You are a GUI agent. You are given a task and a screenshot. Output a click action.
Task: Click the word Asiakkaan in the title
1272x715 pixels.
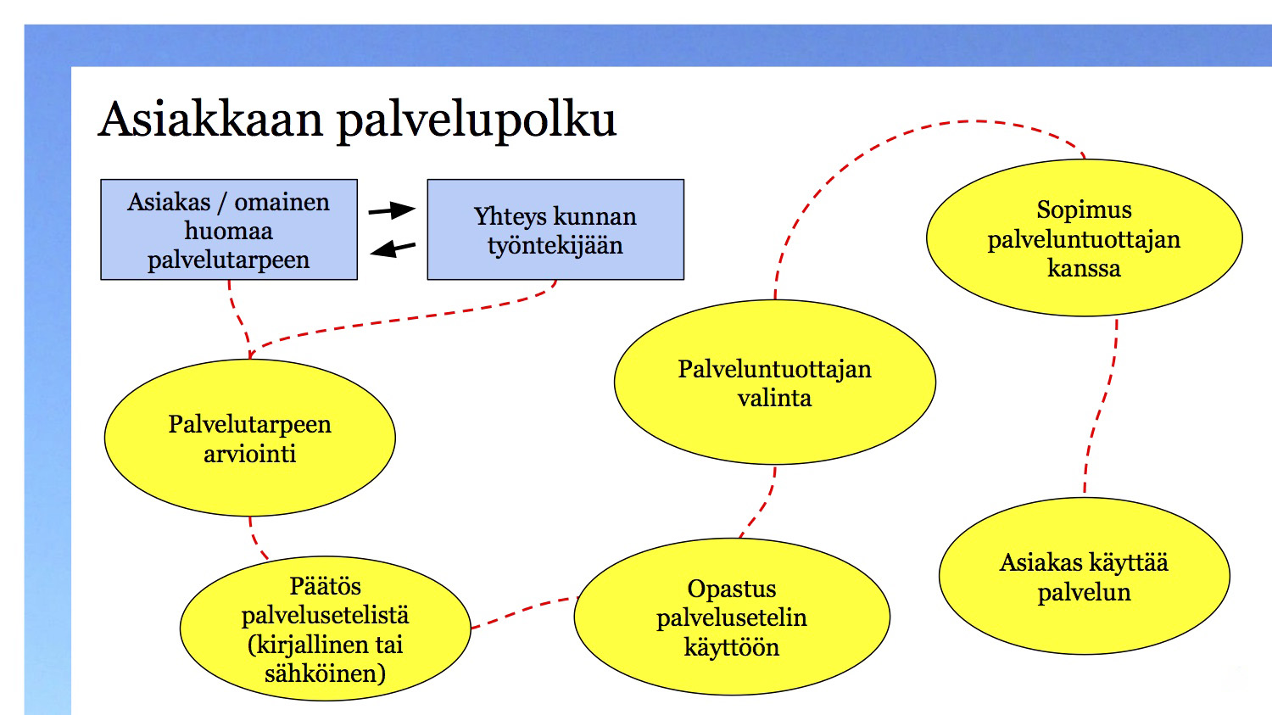210,120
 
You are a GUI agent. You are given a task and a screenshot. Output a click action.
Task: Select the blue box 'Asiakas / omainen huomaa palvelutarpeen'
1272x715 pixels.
229,230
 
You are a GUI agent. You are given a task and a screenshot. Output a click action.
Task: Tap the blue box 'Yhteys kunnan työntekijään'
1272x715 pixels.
555,230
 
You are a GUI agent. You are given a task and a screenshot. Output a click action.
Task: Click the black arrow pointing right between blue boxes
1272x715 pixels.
392,210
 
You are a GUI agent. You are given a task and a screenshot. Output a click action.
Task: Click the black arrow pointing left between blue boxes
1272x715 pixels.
393,249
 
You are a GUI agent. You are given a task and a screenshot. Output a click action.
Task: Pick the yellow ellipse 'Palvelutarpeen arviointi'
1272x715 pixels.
250,438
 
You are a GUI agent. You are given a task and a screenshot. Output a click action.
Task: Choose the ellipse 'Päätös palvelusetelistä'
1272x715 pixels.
326,628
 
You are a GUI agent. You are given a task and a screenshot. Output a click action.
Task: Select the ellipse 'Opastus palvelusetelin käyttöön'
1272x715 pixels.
732,617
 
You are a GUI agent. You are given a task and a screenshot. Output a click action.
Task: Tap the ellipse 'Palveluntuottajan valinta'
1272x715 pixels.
774,383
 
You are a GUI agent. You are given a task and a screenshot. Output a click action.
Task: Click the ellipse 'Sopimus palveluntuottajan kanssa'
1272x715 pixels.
1084,238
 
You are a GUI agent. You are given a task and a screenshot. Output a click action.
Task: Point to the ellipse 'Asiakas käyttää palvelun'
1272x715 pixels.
1084,577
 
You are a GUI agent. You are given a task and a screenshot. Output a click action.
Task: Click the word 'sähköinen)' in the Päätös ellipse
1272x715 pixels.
326,674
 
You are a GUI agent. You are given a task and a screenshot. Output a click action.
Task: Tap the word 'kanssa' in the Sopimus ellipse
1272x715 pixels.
1084,268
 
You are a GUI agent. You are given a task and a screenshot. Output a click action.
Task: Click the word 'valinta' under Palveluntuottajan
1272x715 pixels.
774,398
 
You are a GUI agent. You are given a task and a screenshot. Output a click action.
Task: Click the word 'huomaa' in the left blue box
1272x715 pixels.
228,232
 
